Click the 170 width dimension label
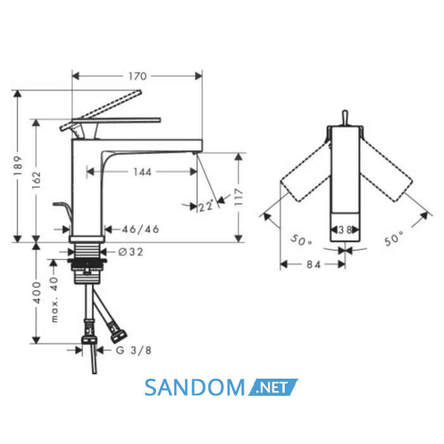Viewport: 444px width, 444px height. [138, 76]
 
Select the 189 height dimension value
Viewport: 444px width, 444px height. [18, 166]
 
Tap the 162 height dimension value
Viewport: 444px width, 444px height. [37, 180]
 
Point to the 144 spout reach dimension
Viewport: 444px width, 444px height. [142, 172]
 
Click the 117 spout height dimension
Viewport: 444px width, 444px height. [238, 197]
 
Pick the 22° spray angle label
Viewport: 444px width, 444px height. [206, 206]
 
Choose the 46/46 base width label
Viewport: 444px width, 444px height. [140, 229]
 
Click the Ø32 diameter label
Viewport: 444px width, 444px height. [131, 252]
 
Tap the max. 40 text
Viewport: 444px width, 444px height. [54, 299]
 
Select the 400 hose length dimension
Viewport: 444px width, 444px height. [37, 293]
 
